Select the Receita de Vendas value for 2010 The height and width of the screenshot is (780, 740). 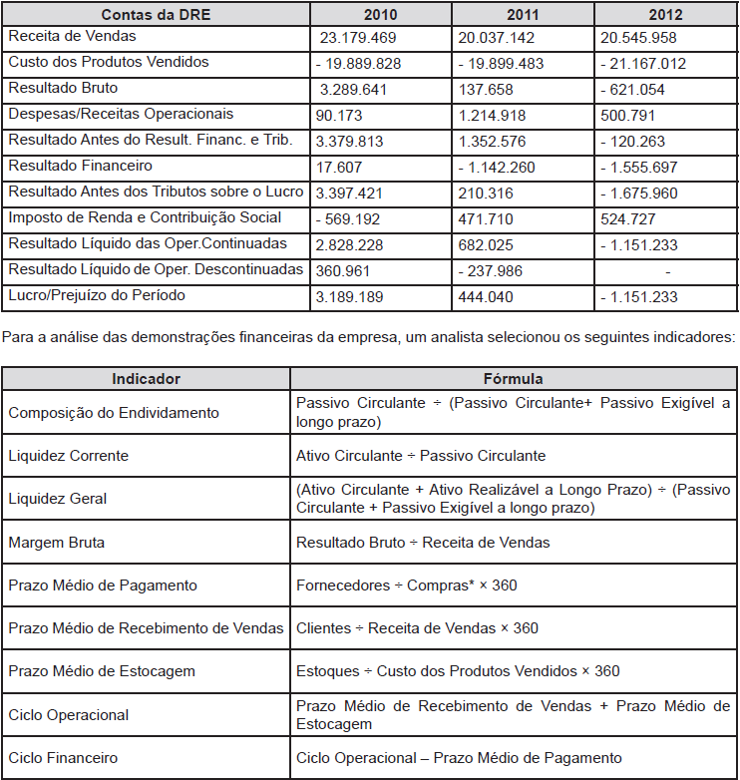click(x=358, y=38)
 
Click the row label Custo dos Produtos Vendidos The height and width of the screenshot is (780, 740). click(x=109, y=62)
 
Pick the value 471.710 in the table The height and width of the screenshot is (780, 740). click(x=489, y=219)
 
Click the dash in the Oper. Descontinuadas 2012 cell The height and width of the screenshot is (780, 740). click(x=666, y=271)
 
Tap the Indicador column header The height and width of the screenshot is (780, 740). click(x=146, y=379)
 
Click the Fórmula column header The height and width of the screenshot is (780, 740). click(x=513, y=379)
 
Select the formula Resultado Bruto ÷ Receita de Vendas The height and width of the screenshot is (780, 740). click(x=423, y=543)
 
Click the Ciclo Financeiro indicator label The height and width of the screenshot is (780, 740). click(x=63, y=758)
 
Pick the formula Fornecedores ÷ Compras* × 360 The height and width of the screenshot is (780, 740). click(x=406, y=585)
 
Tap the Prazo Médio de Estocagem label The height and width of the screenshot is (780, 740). click(x=102, y=671)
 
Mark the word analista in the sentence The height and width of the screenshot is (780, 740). click(x=445, y=338)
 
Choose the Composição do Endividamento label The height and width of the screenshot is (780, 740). click(x=114, y=413)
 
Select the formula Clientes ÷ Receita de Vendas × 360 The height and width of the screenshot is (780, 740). click(x=417, y=628)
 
